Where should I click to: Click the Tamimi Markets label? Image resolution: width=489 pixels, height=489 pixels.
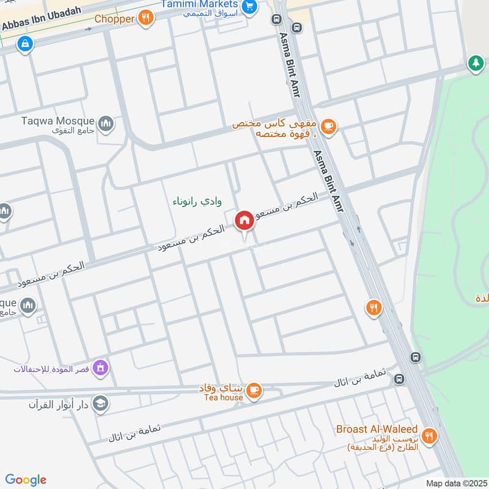[200, 4]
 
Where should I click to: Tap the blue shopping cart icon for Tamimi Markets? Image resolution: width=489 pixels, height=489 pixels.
[249, 7]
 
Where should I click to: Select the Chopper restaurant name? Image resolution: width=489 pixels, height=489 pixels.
[114, 19]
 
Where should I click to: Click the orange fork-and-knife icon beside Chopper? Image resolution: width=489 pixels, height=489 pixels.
[145, 18]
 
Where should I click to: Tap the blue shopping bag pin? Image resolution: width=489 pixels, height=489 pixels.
[25, 43]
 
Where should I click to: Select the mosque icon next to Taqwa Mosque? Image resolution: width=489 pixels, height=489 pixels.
[106, 124]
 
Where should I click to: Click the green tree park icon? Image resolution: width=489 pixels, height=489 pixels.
[476, 62]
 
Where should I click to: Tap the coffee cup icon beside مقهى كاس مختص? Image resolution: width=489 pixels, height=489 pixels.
[328, 127]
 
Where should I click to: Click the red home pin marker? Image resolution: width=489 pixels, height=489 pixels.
[244, 221]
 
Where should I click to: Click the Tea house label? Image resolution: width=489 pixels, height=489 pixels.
[224, 397]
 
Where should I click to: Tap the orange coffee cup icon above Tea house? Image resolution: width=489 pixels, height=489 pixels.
[254, 389]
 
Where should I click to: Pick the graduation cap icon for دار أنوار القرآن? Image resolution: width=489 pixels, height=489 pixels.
[101, 403]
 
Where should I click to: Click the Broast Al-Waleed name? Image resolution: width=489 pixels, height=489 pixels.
[377, 429]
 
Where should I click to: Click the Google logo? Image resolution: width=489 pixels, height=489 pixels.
[26, 480]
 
